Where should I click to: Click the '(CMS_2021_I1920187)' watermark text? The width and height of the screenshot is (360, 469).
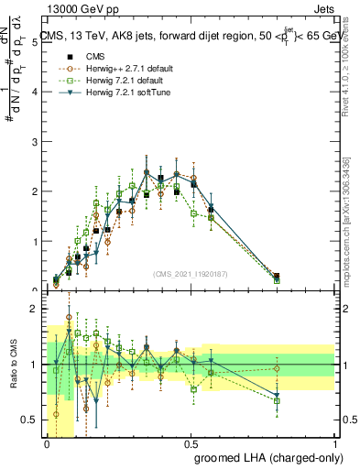190,273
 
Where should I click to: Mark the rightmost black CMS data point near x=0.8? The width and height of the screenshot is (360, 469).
277,276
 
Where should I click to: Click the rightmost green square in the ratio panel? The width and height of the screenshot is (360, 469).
277,400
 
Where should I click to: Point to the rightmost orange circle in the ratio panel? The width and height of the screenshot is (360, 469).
277,369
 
